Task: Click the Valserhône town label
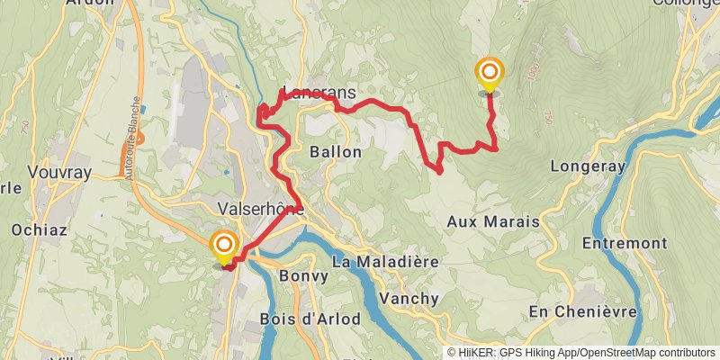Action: [x=260, y=208]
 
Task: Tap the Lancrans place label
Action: [x=319, y=93]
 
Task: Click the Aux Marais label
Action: [x=492, y=221]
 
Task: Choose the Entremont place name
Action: [x=625, y=243]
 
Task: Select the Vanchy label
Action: [x=409, y=298]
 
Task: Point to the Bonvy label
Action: [x=303, y=275]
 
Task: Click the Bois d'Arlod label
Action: [x=310, y=319]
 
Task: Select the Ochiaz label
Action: [x=38, y=229]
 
